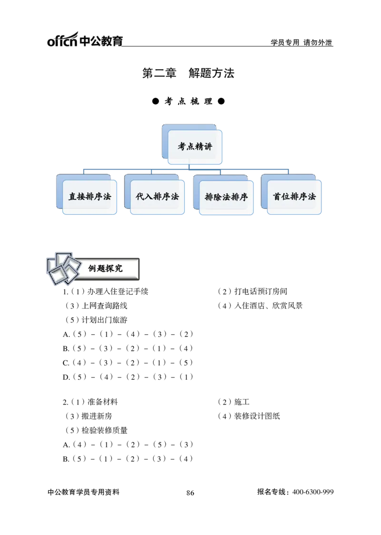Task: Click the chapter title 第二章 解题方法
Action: [x=188, y=73]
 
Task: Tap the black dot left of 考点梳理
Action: [x=156, y=101]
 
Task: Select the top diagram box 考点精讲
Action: [x=192, y=144]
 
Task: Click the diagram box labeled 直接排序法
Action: [x=87, y=195]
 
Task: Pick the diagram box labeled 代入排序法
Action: [x=154, y=195]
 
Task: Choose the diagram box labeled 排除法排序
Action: [x=223, y=195]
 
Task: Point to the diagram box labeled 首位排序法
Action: [x=291, y=195]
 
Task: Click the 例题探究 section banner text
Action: [x=106, y=268]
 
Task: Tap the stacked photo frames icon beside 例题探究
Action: [x=63, y=269]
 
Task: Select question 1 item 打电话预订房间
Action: [x=252, y=291]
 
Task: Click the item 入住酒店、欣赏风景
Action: [x=260, y=306]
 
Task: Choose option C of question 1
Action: [x=128, y=363]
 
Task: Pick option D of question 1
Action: [x=128, y=377]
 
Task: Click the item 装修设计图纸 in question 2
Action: [x=249, y=416]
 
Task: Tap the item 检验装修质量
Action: [x=96, y=431]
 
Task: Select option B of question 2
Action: [x=128, y=459]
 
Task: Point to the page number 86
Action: [x=190, y=493]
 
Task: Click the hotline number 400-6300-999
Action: [x=313, y=492]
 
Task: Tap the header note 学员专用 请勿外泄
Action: [x=301, y=43]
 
